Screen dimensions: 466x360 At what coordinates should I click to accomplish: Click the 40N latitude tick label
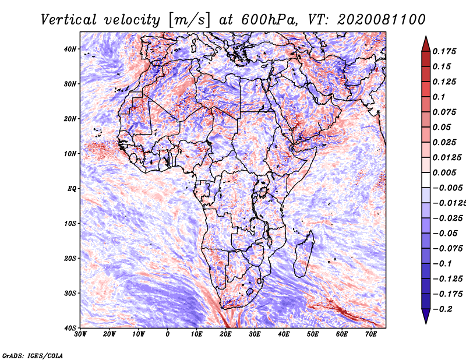70,49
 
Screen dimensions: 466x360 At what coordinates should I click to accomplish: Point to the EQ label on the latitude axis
72,189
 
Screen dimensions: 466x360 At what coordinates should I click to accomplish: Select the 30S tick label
70,293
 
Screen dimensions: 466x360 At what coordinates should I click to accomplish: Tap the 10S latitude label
70,224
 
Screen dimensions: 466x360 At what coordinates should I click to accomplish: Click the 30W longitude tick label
80,334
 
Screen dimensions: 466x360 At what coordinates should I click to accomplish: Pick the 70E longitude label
371,334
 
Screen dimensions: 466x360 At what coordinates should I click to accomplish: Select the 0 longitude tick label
168,334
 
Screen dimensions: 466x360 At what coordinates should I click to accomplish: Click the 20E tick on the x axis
225,334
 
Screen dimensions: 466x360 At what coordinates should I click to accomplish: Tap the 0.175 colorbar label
444,52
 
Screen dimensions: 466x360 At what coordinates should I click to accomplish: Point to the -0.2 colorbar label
443,309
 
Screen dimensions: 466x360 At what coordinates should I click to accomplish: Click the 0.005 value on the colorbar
444,172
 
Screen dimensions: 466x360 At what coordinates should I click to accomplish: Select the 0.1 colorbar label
439,97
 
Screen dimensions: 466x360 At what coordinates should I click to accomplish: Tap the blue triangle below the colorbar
426,316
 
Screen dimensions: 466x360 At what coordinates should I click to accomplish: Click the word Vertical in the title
69,20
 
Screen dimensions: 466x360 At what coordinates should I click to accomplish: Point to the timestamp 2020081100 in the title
382,20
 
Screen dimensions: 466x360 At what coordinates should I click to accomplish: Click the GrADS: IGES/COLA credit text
33,356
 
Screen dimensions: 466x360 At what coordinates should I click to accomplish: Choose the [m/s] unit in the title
189,20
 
